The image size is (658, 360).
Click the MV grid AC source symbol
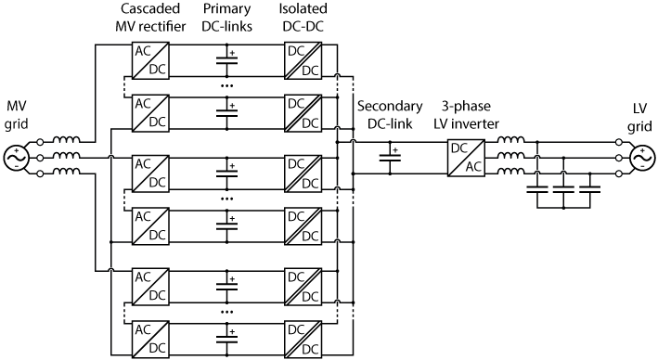[18, 158]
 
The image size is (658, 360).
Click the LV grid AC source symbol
[640, 158]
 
